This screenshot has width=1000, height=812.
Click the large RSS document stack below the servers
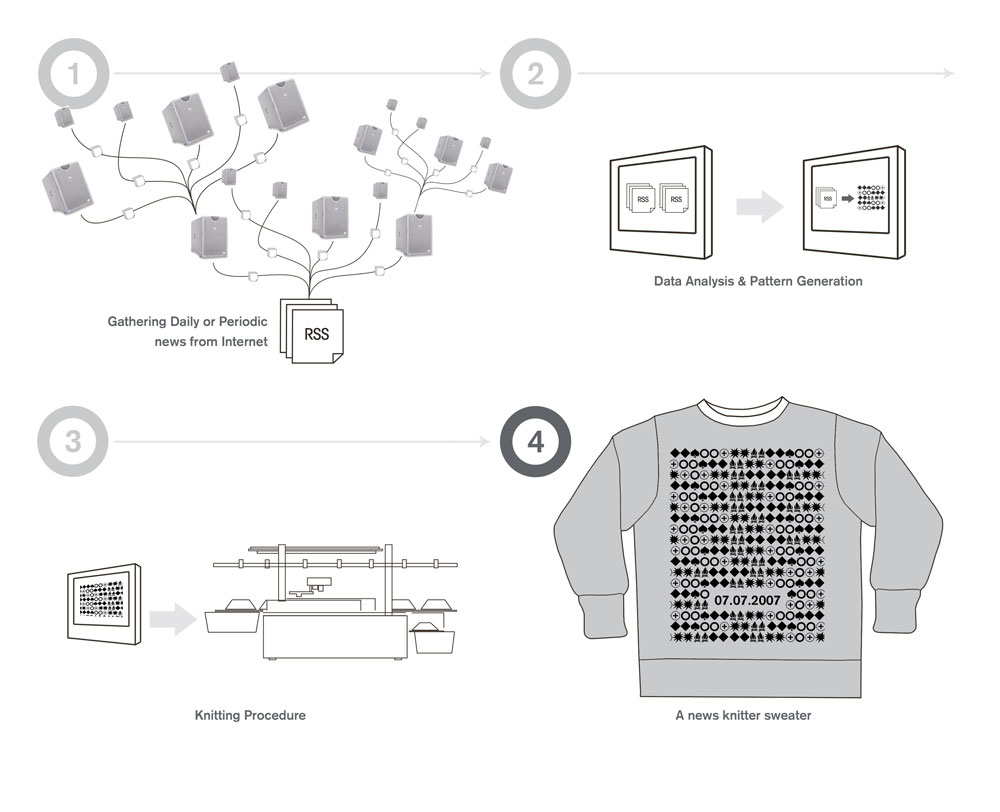point(312,331)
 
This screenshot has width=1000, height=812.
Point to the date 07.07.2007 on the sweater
point(747,600)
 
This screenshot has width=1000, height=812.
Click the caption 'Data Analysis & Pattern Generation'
point(758,281)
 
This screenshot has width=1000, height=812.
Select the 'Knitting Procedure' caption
point(250,716)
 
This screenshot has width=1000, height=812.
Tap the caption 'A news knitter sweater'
point(743,716)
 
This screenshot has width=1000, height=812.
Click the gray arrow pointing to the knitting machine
point(173,619)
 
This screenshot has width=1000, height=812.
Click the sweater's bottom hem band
point(751,679)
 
